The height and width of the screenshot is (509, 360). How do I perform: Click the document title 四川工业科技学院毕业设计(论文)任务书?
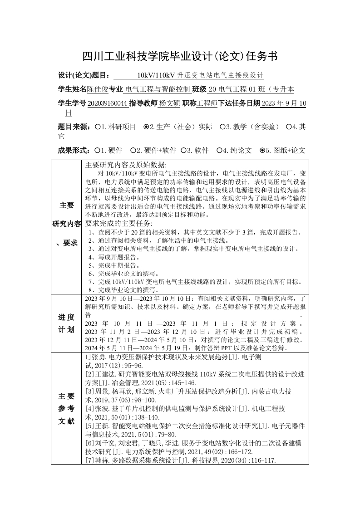pos(180,56)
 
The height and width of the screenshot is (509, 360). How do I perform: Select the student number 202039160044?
pos(108,104)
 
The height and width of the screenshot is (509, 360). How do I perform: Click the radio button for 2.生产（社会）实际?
pos(146,127)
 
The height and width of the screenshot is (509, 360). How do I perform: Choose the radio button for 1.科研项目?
pos(98,127)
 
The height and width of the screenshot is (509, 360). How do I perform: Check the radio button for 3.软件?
pos(183,150)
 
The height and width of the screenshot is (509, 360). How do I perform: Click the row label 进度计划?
pos(66,323)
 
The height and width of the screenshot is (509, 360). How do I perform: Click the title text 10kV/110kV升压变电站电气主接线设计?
pos(200,75)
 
